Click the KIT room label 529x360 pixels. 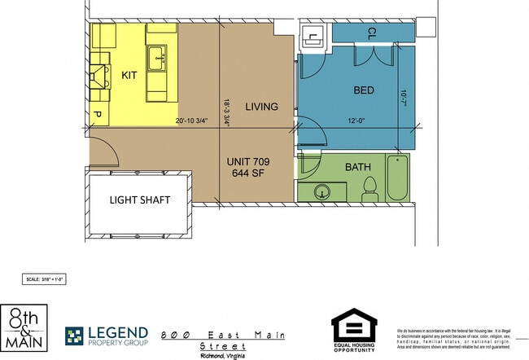(x=129, y=75)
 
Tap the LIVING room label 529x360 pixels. (x=262, y=107)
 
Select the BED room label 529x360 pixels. (x=364, y=90)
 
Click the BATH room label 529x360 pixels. (x=358, y=167)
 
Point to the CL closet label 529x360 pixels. (x=371, y=33)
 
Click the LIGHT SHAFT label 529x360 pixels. (x=139, y=200)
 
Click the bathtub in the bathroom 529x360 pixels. (x=397, y=178)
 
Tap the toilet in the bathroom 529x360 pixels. (x=369, y=189)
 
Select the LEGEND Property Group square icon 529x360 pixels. (x=74, y=336)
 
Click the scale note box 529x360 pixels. (x=44, y=279)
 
